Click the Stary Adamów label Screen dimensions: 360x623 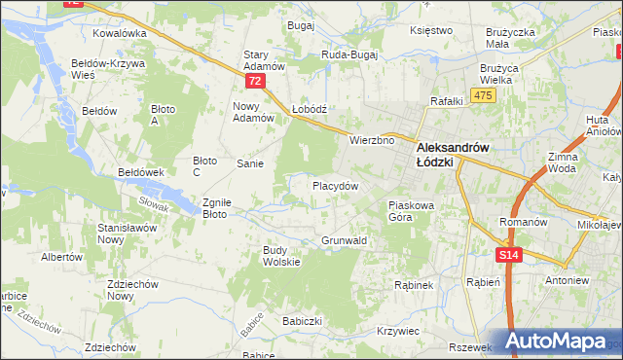coord(264,60)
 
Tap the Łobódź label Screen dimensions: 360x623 coord(311,110)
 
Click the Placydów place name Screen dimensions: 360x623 coord(335,185)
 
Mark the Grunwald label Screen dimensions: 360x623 coord(344,239)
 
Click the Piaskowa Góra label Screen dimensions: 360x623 coord(415,211)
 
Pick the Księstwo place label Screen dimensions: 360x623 coord(432,30)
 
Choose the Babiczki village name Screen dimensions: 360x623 coord(302,319)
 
